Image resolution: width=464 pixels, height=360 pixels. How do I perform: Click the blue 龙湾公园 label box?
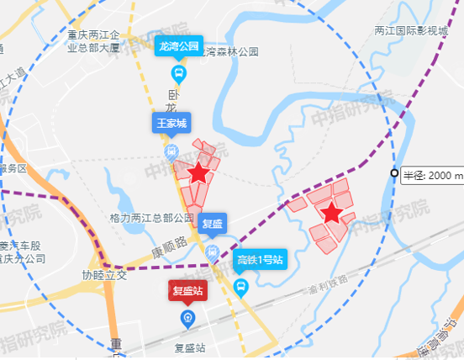[178, 47]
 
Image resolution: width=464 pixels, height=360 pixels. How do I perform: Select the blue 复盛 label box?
[213, 224]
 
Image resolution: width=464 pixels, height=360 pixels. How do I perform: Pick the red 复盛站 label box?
[188, 292]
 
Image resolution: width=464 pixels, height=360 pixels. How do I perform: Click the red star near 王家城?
[198, 173]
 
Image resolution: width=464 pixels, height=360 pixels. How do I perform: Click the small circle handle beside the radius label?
[394, 174]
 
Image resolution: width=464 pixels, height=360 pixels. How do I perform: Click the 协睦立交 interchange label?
[103, 275]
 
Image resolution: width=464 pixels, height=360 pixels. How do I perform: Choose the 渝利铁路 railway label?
[327, 281]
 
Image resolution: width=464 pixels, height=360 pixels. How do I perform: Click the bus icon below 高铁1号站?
[241, 289]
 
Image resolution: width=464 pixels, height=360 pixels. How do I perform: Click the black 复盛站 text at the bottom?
[190, 346]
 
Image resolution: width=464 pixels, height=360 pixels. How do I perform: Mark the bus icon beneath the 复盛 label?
[213, 251]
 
